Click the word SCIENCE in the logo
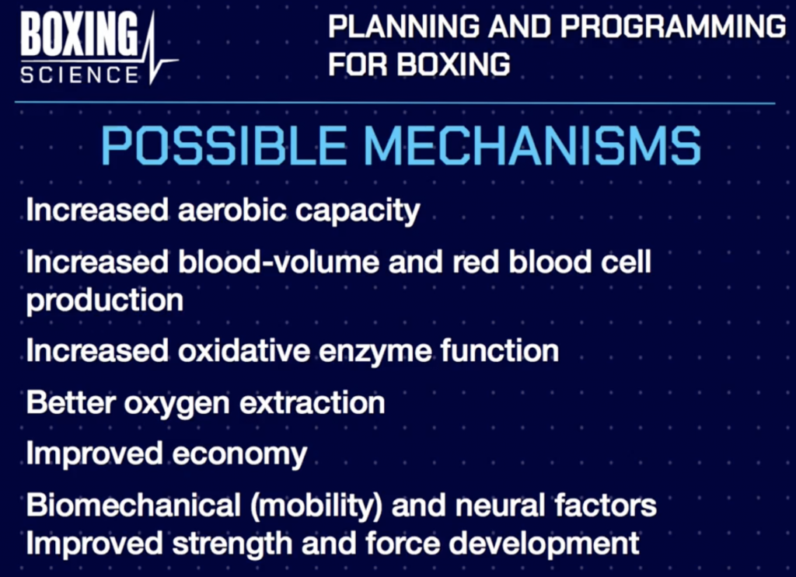coord(80,75)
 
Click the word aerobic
coord(232,210)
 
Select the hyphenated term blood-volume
coord(279,262)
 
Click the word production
coord(105,301)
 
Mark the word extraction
coord(312,402)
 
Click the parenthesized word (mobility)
coord(316,506)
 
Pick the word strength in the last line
coord(232,544)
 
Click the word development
coord(543,544)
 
